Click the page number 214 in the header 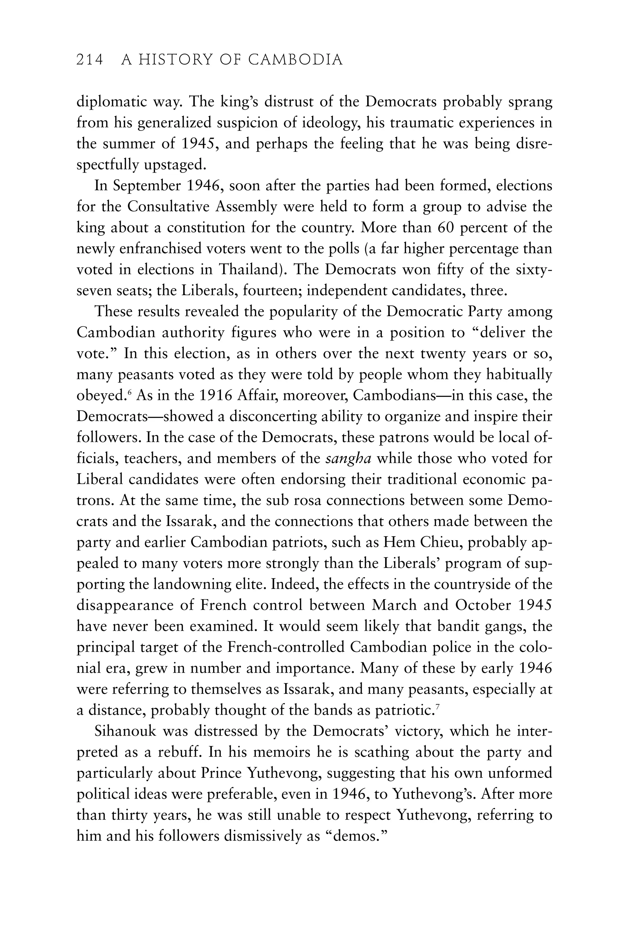[90, 60]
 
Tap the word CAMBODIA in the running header [295, 60]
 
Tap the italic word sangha [348, 458]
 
